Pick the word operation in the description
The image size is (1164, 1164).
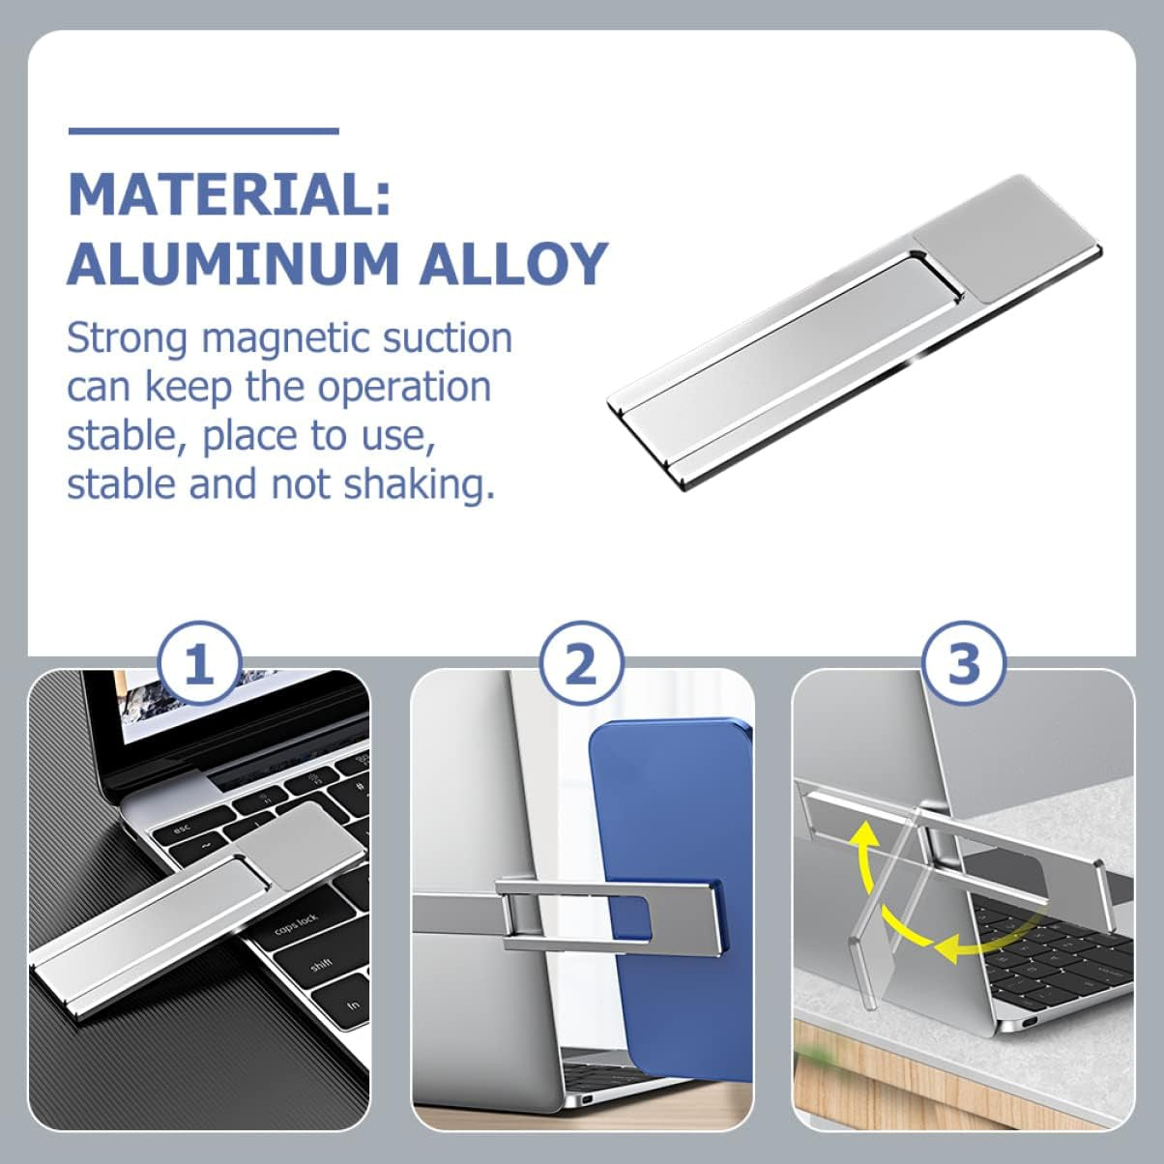click(404, 389)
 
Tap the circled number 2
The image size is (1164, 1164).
click(581, 664)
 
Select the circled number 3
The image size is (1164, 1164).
click(965, 662)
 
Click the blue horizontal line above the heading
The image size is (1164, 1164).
click(204, 131)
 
